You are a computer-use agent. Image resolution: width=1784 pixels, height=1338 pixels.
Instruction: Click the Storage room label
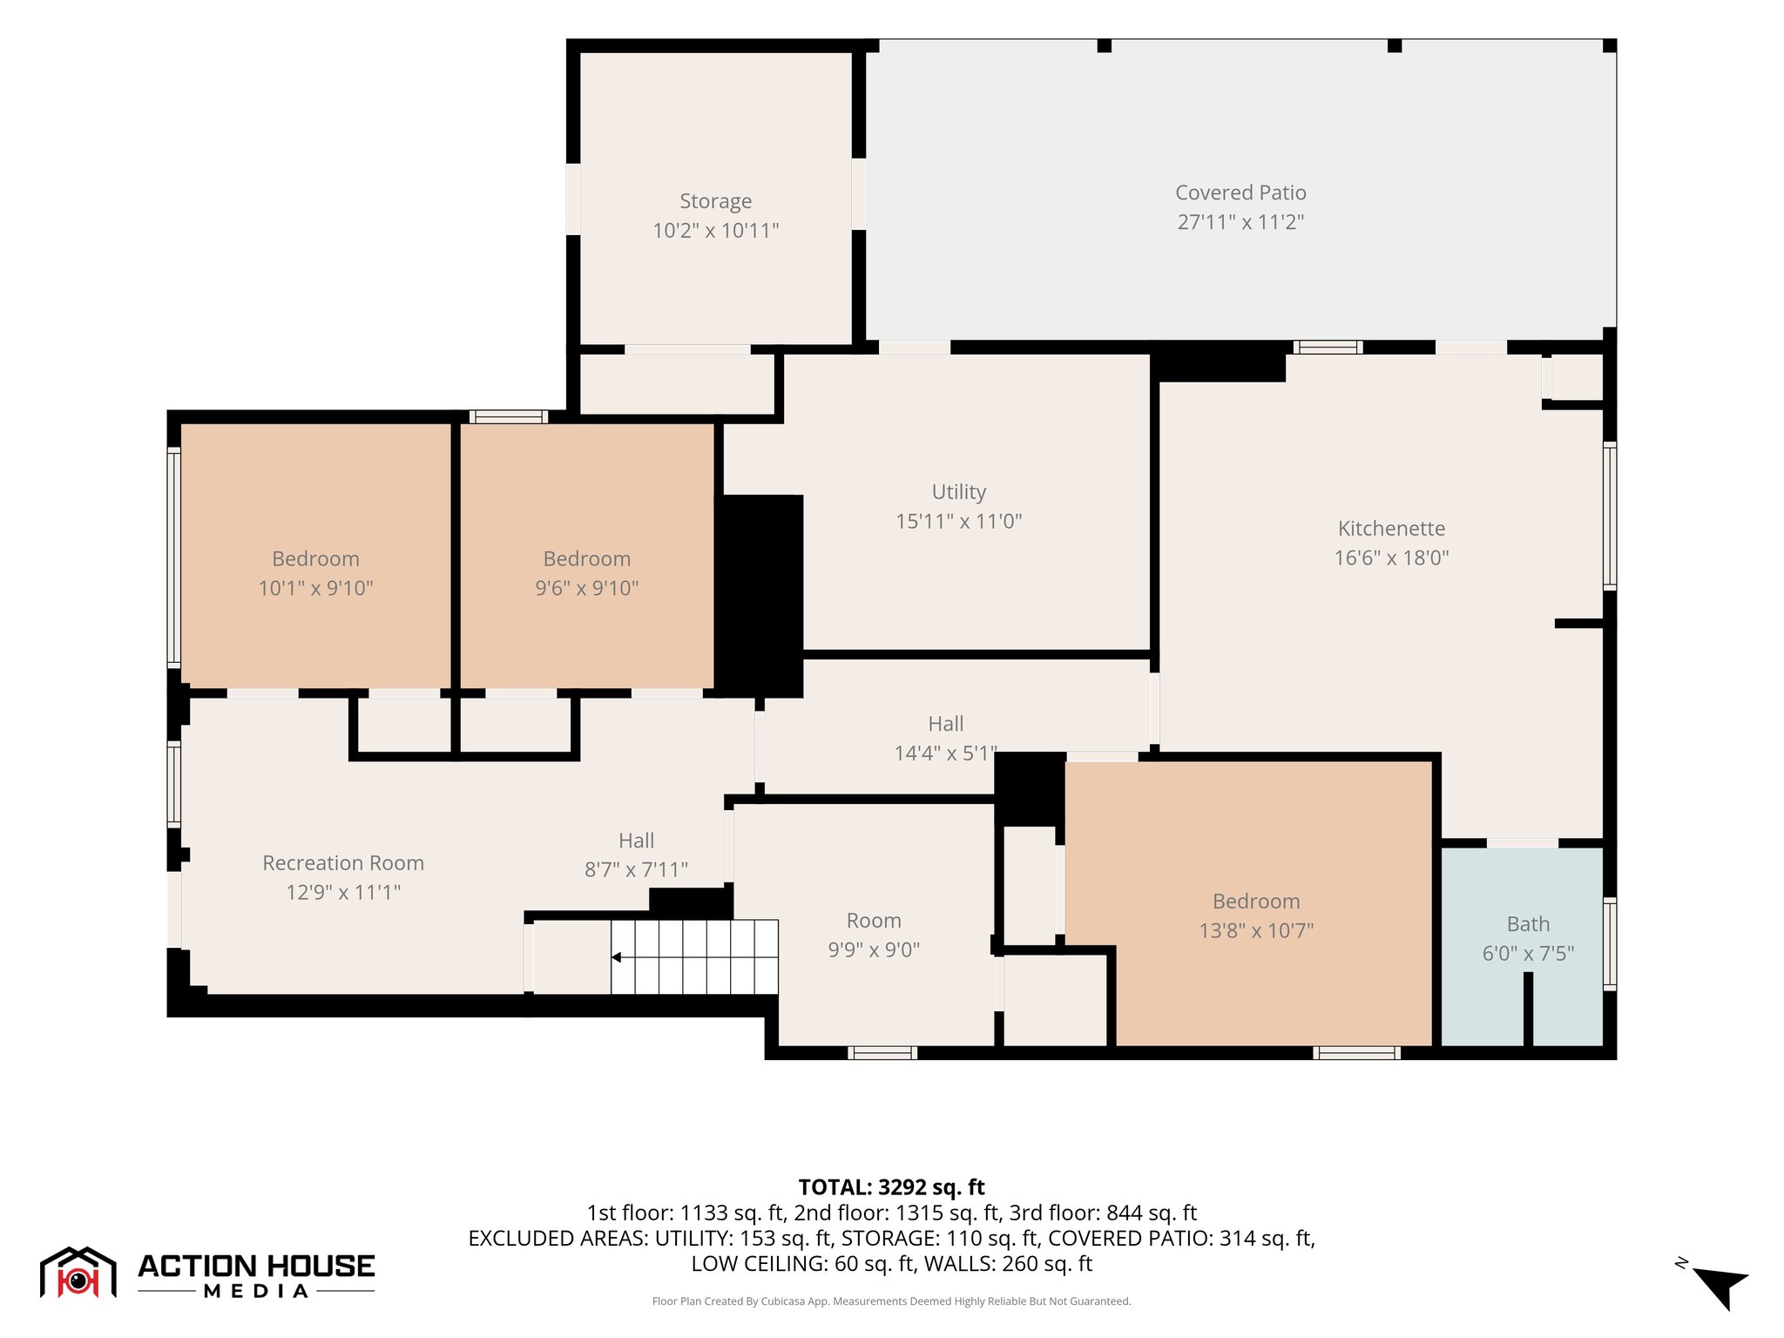pos(715,201)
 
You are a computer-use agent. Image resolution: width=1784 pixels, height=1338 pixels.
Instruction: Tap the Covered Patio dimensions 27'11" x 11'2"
pos(1240,222)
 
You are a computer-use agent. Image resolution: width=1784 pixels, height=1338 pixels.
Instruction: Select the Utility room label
pos(959,492)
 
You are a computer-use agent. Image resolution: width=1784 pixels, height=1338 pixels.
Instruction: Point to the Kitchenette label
pos(1391,529)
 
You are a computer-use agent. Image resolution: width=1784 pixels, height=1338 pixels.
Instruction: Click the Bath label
pos(1528,924)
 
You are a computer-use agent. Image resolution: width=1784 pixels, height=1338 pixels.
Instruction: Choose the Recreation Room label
pos(343,863)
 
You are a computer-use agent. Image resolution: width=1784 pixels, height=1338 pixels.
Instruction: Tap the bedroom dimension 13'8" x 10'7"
pos(1256,931)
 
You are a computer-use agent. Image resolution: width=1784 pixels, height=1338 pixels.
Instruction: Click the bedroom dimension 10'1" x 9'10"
pos(315,589)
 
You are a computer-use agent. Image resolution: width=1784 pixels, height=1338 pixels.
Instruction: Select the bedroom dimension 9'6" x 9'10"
pos(586,589)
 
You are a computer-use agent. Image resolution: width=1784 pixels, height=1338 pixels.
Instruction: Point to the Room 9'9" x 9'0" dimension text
pos(874,950)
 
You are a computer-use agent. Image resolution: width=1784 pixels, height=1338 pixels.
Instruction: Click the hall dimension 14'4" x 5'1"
pos(946,753)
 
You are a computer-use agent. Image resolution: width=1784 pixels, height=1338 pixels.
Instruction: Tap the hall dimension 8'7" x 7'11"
pos(636,870)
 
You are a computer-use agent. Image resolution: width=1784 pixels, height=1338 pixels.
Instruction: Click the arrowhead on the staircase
pos(616,957)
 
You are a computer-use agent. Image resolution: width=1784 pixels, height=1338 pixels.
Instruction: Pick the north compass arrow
pos(1720,1287)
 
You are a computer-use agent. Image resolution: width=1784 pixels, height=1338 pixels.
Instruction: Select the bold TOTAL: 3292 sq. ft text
pos(891,1187)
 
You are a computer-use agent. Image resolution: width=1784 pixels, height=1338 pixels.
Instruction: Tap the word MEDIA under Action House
pos(256,1292)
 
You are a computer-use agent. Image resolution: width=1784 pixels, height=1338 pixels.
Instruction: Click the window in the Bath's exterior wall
pos(1610,943)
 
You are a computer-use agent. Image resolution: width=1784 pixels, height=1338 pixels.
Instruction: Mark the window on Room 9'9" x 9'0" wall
pos(882,1052)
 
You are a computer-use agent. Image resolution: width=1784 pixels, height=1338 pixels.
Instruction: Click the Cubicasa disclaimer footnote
pos(891,1301)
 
